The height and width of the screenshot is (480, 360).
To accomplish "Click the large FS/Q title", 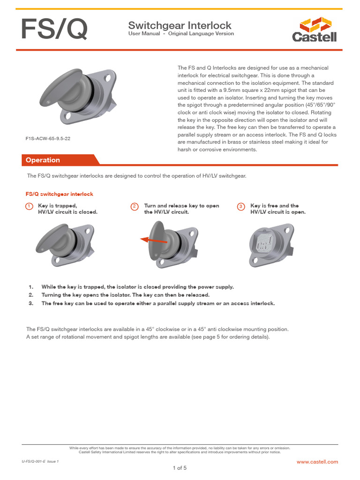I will point(53,30).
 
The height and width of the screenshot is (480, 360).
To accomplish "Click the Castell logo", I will point(314,29).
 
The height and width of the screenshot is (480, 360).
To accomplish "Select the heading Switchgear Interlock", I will point(180,25).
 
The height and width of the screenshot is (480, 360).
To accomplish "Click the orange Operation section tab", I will point(43,160).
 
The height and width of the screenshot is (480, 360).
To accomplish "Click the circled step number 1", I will point(29,206).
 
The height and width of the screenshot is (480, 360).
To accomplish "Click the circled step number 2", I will point(135,206).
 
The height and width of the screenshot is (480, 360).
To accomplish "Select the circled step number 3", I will point(241,206).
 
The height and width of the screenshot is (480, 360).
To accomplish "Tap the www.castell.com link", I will point(317,462).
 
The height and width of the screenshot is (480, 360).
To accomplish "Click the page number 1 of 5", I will point(180,468).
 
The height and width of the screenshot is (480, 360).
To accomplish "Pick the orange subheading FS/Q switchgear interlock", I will point(59,194).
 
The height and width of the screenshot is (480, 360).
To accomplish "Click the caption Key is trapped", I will point(57,206).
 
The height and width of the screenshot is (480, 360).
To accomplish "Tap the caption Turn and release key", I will point(181,206).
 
